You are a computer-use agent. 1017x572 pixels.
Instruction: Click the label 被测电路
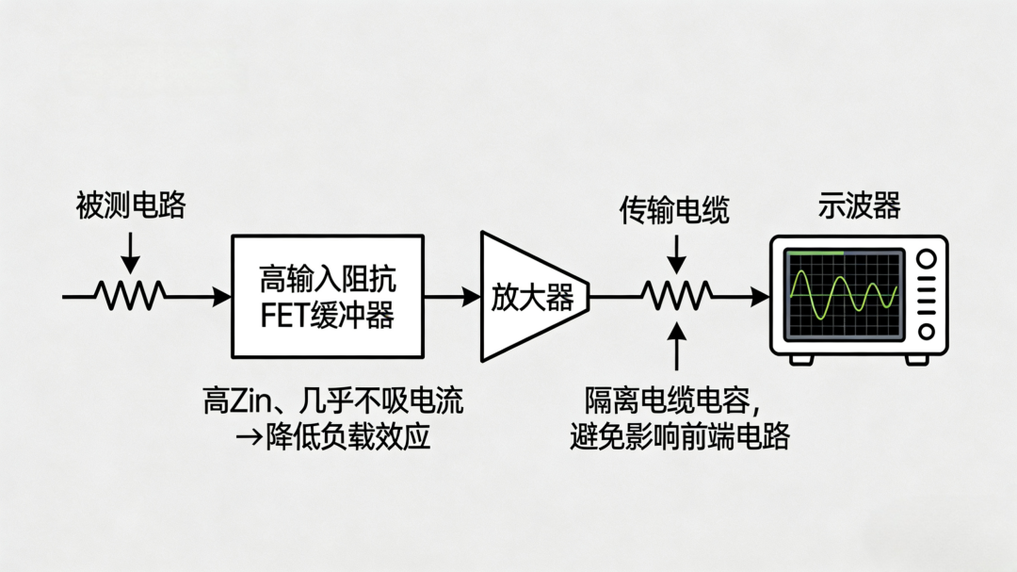coord(131,205)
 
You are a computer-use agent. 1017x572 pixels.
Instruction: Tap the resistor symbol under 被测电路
coord(132,296)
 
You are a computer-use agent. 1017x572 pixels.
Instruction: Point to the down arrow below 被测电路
coord(131,253)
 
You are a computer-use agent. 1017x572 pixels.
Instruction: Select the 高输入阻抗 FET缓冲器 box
coord(327,296)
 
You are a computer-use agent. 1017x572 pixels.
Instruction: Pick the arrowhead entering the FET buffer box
coord(222,296)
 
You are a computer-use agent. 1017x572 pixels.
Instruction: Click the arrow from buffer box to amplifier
coord(452,296)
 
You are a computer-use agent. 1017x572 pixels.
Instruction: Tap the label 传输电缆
coord(674,209)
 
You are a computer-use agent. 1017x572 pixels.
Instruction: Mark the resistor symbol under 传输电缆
coord(675,296)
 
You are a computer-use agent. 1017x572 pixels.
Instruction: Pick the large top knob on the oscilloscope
coord(927,259)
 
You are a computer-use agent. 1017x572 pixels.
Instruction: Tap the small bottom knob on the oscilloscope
coord(927,331)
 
